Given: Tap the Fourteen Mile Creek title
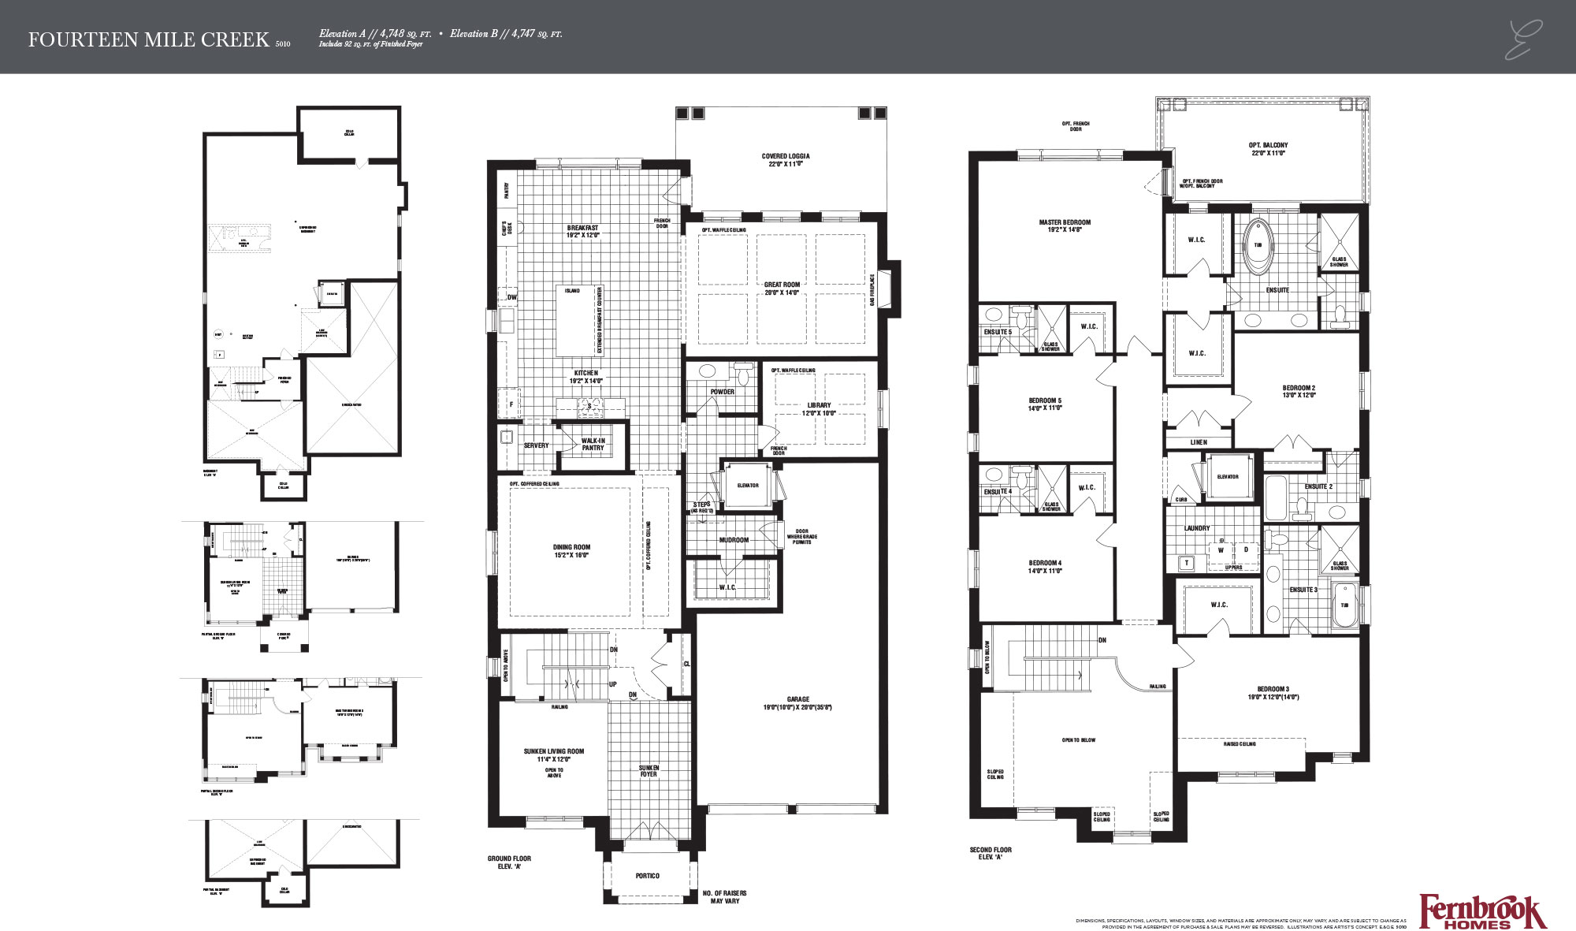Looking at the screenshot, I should point(149,40).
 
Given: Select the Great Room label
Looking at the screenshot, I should point(781,285).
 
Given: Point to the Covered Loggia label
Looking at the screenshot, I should point(785,156).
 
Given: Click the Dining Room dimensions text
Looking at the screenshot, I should point(571,555).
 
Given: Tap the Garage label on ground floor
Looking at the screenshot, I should point(797,699).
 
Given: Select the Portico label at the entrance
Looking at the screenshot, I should point(647,876).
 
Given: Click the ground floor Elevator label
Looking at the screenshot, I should point(747,486).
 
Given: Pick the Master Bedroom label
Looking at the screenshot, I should point(1065,222).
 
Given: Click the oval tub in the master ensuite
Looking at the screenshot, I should point(1257,246).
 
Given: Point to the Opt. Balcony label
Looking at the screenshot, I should point(1268,145).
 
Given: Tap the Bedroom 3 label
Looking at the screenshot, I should point(1273,689).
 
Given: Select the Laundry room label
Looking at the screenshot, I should point(1196,528).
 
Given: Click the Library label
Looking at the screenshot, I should point(818,405).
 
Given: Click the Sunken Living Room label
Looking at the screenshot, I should point(553,751).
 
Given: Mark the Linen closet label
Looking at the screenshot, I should point(1198,442).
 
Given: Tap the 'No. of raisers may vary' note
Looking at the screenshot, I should point(724,897).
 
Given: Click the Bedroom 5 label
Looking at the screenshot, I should point(1044,400).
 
